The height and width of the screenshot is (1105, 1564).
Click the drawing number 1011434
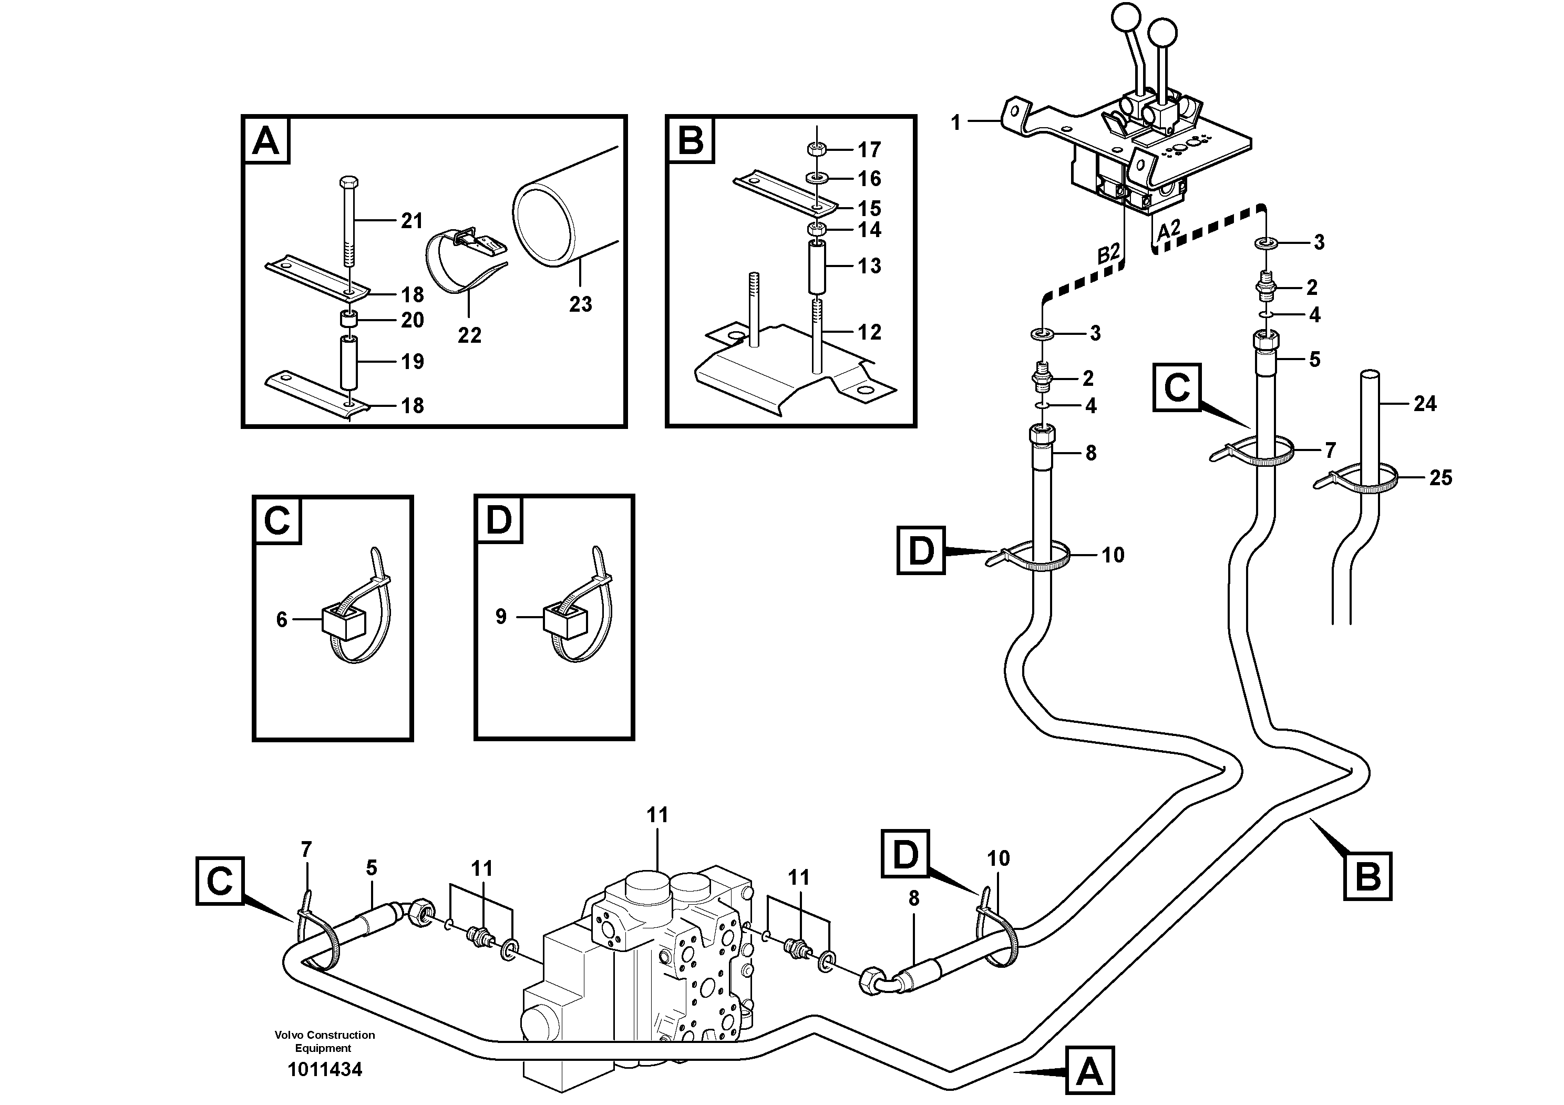[x=324, y=1070]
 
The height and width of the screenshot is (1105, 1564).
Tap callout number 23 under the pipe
[x=580, y=304]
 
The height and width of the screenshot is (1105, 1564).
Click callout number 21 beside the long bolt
[x=411, y=221]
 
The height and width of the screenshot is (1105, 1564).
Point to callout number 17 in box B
[x=869, y=149]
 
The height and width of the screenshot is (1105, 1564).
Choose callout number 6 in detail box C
[x=281, y=619]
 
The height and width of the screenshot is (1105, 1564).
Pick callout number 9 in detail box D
[x=501, y=617]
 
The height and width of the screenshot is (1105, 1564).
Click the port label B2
[x=1108, y=254]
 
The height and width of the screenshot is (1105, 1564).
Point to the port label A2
[x=1168, y=230]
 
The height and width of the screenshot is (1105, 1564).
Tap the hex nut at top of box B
[x=816, y=149]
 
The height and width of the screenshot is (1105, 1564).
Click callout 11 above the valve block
[x=657, y=815]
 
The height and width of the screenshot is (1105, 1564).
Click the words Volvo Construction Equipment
[x=324, y=1041]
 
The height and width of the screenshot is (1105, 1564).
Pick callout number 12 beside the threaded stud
[x=869, y=332]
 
